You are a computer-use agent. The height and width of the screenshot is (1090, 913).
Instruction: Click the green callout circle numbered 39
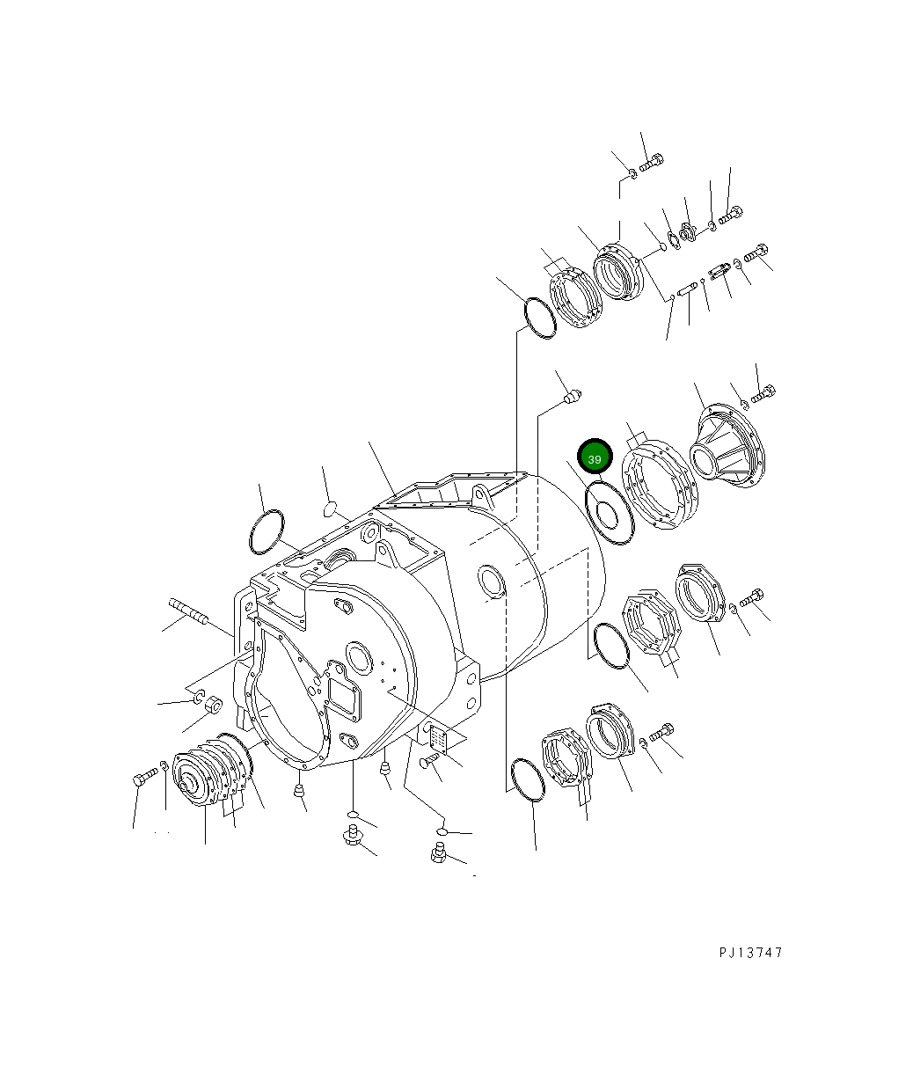[x=595, y=458]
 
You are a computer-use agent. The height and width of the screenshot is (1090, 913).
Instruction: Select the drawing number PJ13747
[x=749, y=953]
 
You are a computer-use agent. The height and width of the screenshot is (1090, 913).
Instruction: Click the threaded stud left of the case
[x=186, y=611]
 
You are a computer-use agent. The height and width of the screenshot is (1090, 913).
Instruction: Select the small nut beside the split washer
[x=213, y=706]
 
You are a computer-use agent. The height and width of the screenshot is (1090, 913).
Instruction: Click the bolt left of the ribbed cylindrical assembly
[x=145, y=777]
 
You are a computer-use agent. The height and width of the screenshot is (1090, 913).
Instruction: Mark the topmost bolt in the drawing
[x=652, y=162]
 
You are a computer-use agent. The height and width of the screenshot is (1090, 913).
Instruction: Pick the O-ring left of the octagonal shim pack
[x=610, y=645]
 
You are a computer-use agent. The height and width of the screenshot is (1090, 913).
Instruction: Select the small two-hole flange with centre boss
[x=687, y=232]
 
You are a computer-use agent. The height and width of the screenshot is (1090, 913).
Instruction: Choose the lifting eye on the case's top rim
[x=480, y=491]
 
